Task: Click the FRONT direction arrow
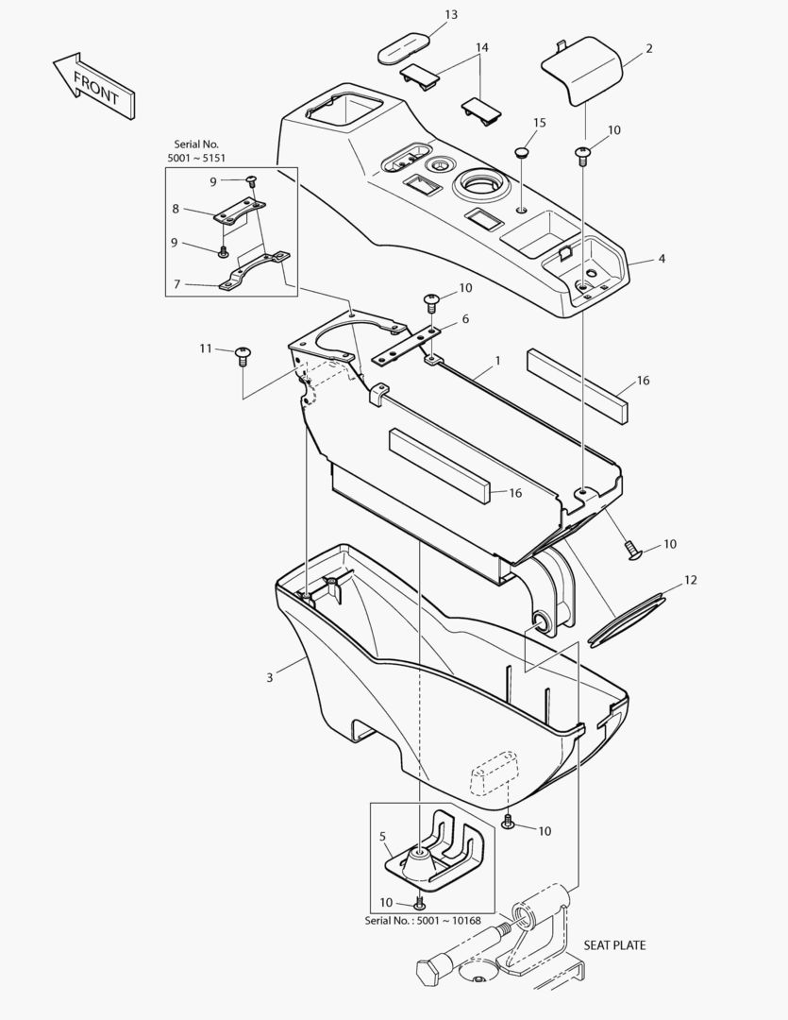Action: (93, 86)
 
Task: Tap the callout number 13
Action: (451, 14)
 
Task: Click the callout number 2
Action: (649, 48)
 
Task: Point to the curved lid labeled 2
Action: (582, 71)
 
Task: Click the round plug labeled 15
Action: (522, 153)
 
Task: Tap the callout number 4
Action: (662, 258)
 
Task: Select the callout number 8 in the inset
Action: (176, 209)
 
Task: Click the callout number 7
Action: (176, 284)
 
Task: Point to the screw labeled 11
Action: (243, 356)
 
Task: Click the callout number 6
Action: (465, 319)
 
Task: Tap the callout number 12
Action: (691, 579)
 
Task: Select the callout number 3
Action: (270, 677)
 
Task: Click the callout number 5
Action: (383, 836)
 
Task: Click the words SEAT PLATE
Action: (614, 945)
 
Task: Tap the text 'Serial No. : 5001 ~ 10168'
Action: (423, 921)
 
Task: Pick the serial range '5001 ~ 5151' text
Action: (196, 158)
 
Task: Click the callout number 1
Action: (498, 360)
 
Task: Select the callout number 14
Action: (482, 47)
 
